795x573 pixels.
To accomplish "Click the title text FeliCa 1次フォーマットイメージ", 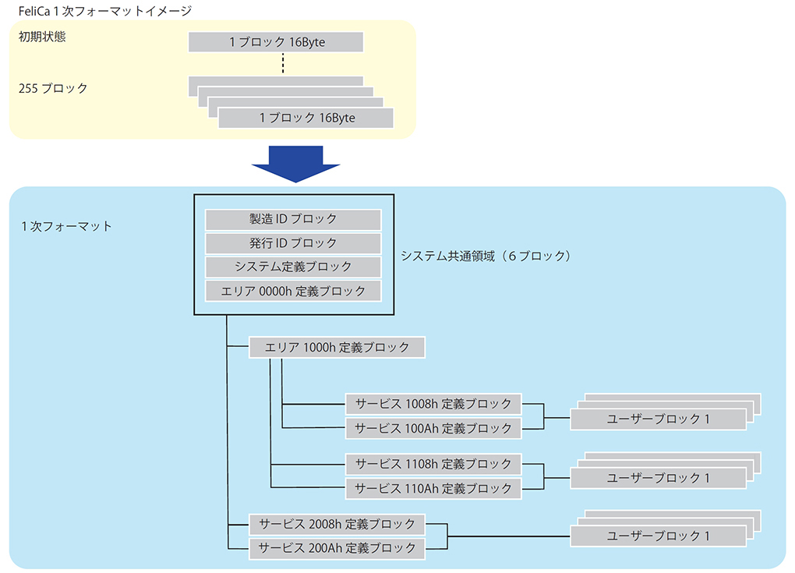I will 104,10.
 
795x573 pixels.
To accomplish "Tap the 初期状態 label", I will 42,37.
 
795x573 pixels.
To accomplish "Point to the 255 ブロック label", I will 53,88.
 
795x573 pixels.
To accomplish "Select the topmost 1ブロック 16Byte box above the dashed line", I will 276,42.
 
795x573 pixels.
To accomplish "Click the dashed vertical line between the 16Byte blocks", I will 282,64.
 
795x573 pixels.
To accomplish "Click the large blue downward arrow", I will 295,162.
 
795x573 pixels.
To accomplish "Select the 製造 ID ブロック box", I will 293,219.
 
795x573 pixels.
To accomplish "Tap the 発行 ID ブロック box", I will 293,243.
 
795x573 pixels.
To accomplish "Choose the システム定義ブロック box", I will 293,267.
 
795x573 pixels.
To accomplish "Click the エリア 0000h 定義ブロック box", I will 293,292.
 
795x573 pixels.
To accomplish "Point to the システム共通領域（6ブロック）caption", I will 486,256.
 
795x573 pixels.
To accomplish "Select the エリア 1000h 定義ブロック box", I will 337,348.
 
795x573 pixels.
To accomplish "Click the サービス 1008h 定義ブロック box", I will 433,404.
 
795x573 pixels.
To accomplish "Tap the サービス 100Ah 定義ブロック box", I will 433,428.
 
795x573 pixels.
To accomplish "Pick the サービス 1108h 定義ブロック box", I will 433,464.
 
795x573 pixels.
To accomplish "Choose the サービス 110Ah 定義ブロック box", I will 433,488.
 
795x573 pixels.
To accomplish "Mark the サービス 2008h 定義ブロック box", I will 337,524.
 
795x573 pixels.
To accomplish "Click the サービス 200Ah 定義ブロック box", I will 337,548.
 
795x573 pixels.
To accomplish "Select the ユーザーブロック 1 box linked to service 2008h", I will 658,536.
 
